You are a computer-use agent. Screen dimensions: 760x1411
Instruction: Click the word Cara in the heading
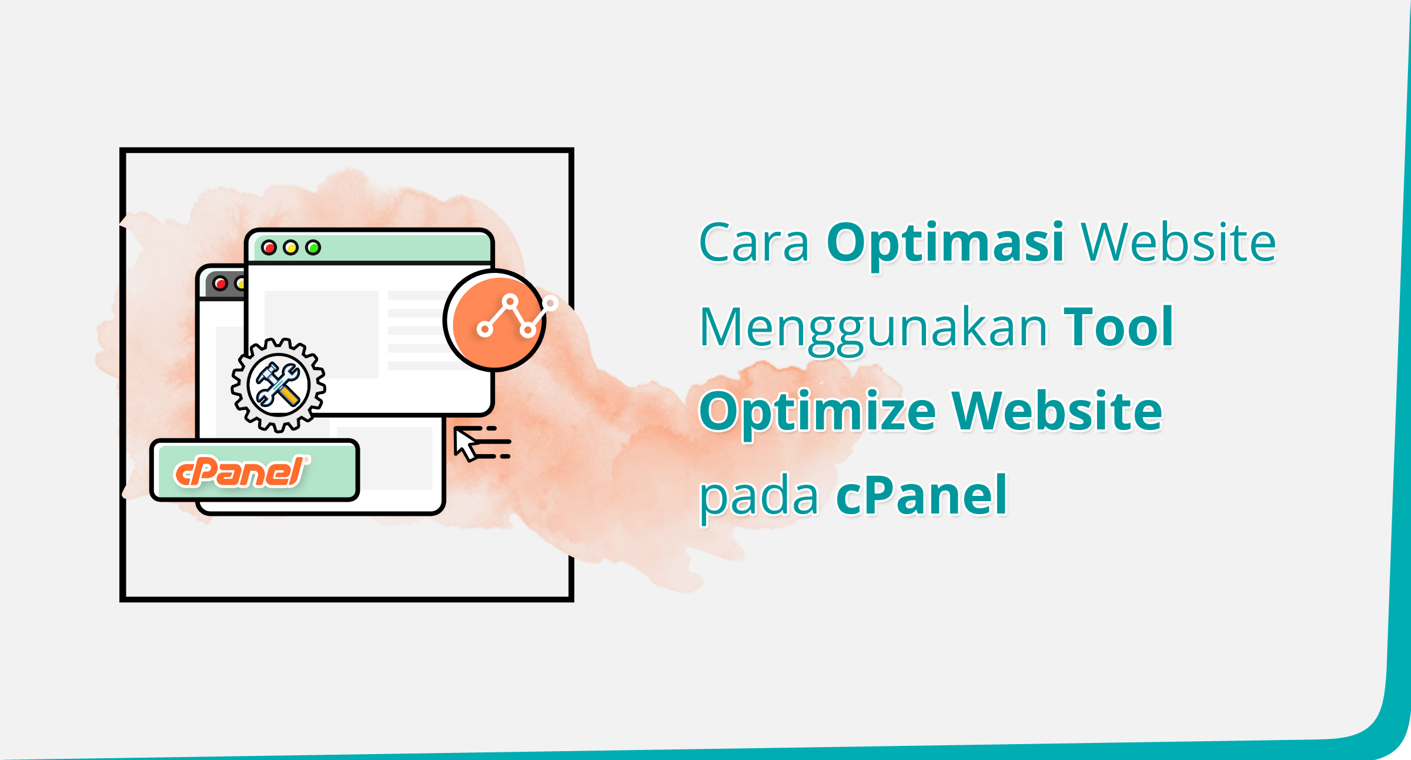754,242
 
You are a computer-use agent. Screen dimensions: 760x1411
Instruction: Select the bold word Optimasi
945,242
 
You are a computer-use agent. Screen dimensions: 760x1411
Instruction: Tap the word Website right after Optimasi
1178,242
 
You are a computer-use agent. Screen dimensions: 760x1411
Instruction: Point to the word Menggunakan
874,328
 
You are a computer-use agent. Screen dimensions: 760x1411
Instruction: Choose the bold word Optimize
817,413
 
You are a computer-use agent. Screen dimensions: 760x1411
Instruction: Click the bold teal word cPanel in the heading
921,495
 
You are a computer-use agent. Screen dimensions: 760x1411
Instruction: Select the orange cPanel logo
240,472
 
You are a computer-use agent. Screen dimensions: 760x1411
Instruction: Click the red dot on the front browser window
269,248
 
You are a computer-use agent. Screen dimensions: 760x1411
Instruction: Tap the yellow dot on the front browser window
290,248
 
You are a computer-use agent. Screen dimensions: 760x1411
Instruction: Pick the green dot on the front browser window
313,248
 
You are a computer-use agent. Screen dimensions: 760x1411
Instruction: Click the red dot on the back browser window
220,284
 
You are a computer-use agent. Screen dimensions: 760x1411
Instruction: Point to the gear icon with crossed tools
278,385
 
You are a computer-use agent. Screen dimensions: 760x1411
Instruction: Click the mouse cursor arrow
466,444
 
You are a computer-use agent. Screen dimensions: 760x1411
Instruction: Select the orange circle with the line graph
496,321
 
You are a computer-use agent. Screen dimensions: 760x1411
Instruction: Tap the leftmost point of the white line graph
484,329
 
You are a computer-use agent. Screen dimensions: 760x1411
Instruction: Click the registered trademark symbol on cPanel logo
306,459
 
